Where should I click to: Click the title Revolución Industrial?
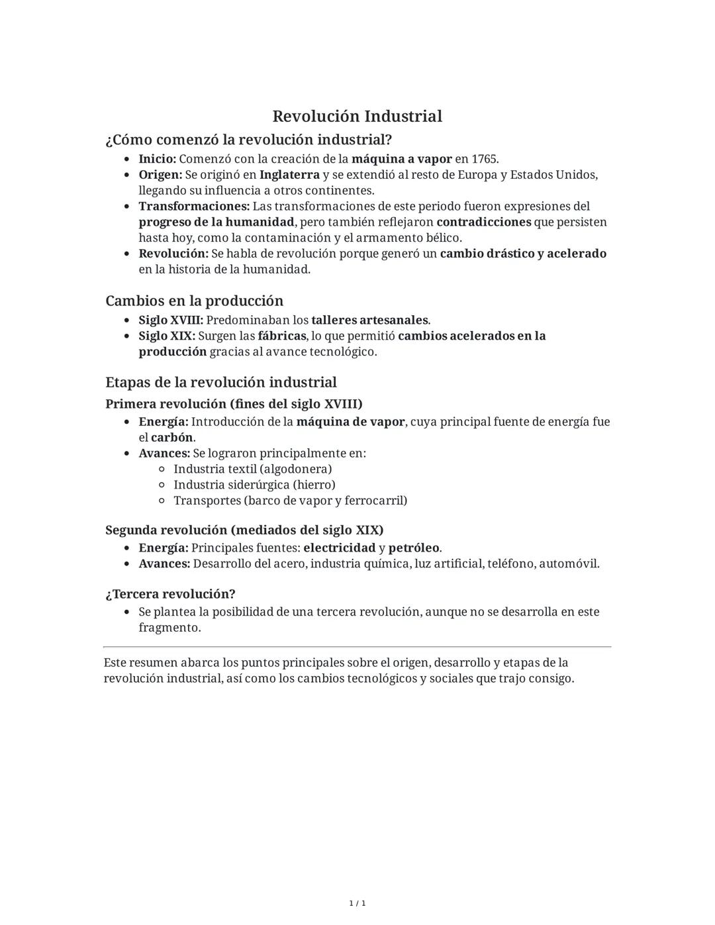coord(357,117)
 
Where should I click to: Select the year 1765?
coord(484,159)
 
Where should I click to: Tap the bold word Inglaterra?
coord(289,175)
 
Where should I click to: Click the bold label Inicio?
coord(157,159)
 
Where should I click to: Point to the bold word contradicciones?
coord(483,222)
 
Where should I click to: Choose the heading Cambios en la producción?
coord(194,301)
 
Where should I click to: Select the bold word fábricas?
coord(281,336)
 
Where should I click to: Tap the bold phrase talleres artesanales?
coord(369,320)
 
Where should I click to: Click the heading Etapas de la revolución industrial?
coord(220,383)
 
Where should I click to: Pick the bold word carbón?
coord(172,438)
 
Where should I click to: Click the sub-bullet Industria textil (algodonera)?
coord(252,469)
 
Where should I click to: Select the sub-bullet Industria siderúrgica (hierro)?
coord(254,485)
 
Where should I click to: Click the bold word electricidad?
coord(339,548)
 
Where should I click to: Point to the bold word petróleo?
coord(414,548)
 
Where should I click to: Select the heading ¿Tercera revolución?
coord(170,594)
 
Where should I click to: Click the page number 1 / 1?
coord(357,903)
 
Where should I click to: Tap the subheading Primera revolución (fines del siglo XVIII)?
coord(234,404)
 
